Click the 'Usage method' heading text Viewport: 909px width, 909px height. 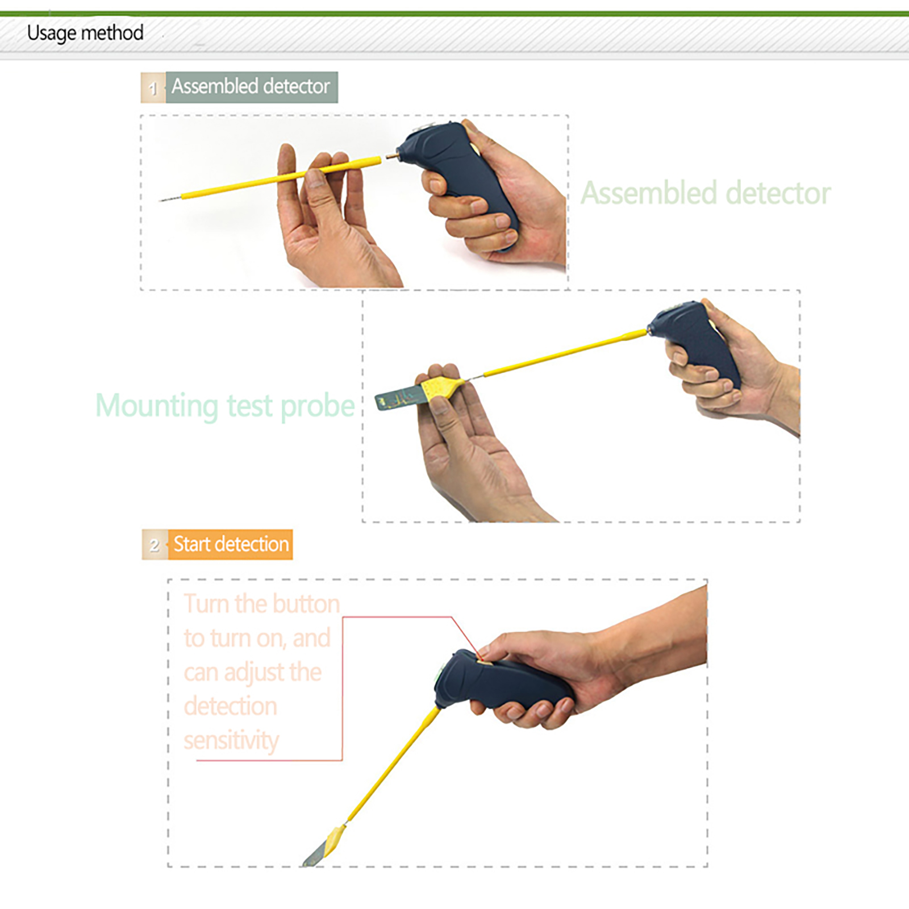tap(85, 33)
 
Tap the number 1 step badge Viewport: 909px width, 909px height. tap(153, 87)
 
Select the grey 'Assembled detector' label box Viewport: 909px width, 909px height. tap(252, 87)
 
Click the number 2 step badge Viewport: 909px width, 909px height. tap(155, 545)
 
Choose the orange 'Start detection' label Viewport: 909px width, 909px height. tap(230, 544)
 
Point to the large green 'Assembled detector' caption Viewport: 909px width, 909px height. tap(706, 193)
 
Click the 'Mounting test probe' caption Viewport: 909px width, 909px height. tap(225, 406)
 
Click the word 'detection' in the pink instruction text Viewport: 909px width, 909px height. tap(230, 706)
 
